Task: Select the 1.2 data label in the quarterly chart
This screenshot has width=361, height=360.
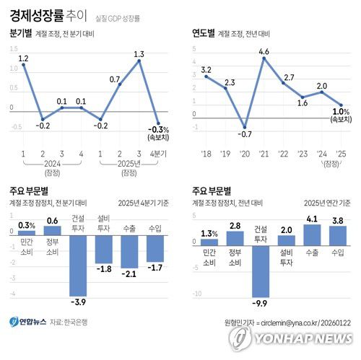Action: pyautogui.click(x=23, y=58)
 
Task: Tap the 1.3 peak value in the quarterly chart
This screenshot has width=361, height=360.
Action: pyautogui.click(x=139, y=53)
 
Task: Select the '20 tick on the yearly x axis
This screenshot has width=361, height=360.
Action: pyautogui.click(x=245, y=154)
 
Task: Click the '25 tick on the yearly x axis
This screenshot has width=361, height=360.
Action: pyautogui.click(x=340, y=154)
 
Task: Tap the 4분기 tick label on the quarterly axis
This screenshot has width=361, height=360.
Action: pyautogui.click(x=158, y=154)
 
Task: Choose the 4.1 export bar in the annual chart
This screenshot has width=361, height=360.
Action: pyautogui.click(x=312, y=234)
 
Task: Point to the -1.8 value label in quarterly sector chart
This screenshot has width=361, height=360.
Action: pyautogui.click(x=104, y=269)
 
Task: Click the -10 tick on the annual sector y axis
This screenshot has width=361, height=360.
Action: pyautogui.click(x=197, y=294)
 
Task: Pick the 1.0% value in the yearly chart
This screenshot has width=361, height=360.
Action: pyautogui.click(x=340, y=112)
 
